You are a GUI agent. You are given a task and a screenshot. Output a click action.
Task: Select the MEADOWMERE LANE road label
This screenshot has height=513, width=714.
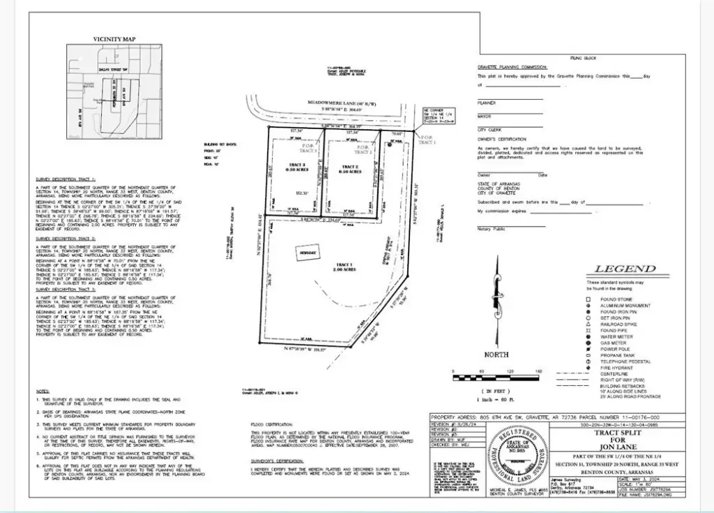[x=342, y=102]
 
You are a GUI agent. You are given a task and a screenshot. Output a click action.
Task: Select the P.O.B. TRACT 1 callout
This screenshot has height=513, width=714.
[x=427, y=140]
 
